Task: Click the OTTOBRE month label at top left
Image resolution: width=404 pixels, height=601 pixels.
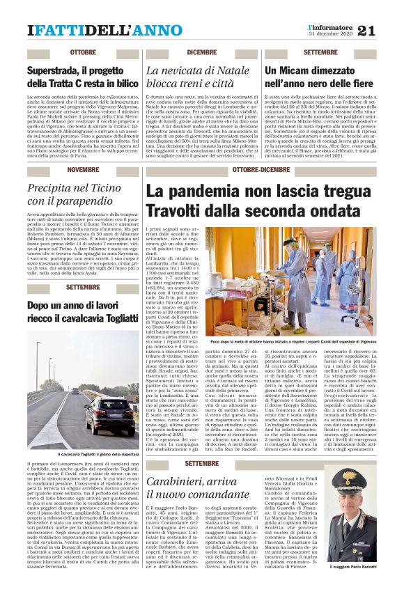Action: point(83,53)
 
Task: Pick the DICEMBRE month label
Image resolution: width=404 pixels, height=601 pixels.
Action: point(201,53)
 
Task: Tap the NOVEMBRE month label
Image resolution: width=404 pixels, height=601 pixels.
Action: point(83,170)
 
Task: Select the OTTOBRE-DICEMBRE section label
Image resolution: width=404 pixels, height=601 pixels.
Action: point(261,170)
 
